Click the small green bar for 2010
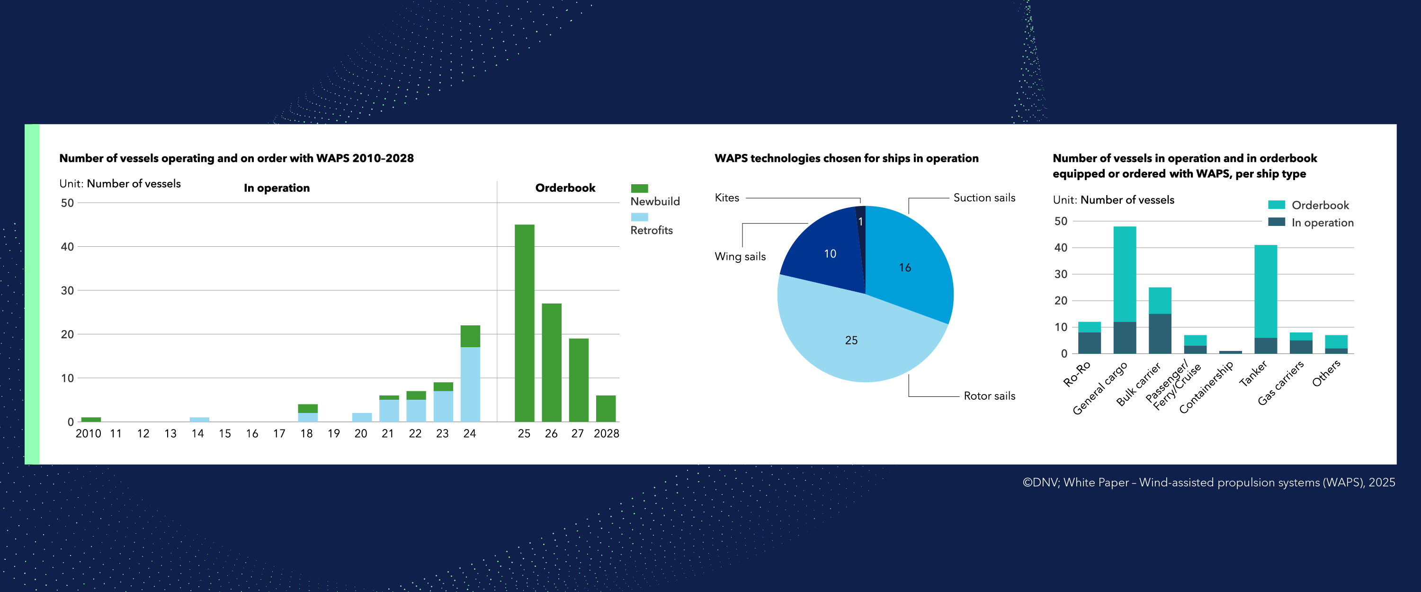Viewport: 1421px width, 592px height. coord(91,419)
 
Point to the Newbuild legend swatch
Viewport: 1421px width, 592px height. coord(639,188)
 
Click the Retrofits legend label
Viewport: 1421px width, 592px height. coord(651,230)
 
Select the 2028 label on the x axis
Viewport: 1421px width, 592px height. coord(606,434)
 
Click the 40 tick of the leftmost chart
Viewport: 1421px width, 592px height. coord(67,247)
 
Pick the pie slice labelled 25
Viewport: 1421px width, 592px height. coord(851,341)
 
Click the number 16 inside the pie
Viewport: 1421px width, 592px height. coord(905,268)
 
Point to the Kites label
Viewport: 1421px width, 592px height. coord(726,197)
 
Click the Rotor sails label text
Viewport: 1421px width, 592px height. coord(989,395)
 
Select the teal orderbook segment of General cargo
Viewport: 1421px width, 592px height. coord(1124,274)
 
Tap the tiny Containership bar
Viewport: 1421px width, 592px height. coord(1230,352)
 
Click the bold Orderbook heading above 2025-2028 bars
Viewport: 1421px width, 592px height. coord(565,188)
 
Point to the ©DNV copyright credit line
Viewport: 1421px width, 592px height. coord(1208,482)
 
